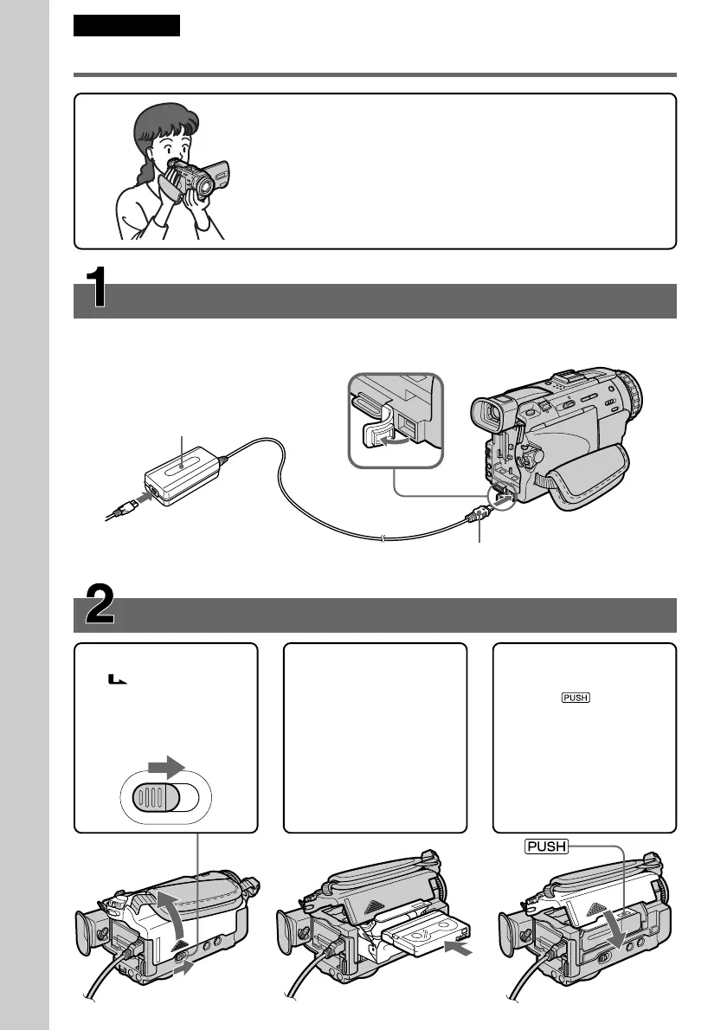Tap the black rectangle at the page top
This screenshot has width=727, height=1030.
[126, 25]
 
